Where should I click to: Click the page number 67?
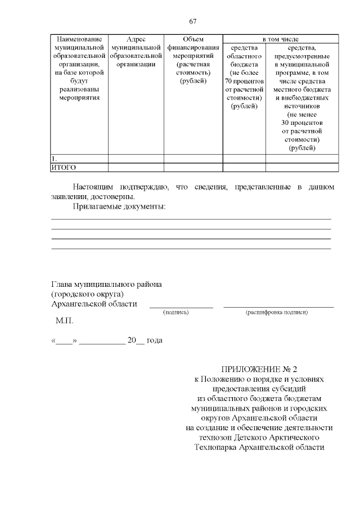tap(193, 21)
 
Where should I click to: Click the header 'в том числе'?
tap(281, 39)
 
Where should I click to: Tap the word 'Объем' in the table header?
tap(193, 39)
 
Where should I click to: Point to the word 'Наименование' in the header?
tap(79, 39)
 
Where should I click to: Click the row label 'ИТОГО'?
tap(64, 168)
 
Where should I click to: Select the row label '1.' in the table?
tap(54, 159)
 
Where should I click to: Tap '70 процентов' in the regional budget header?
tap(244, 81)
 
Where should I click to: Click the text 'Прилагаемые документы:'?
tap(119, 207)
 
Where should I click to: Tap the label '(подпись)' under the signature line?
tap(175, 312)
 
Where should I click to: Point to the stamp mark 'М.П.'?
tap(64, 322)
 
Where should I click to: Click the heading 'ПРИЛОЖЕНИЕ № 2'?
tap(259, 369)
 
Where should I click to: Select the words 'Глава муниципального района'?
tap(107, 284)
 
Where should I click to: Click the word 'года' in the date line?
tap(155, 341)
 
